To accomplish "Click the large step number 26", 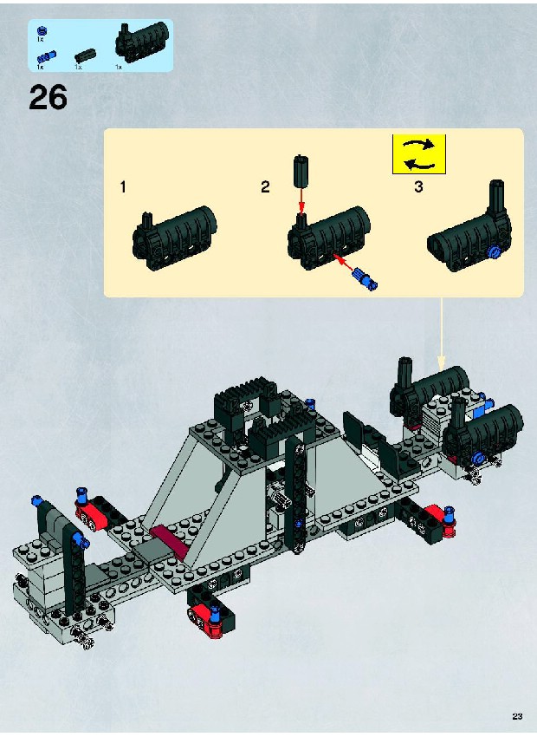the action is coord(48,98).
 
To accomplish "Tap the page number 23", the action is coord(517,716).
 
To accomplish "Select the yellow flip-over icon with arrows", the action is coord(419,154).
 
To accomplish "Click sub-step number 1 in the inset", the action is coord(123,187).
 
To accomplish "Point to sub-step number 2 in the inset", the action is coord(265,187).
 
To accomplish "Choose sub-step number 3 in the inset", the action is coord(418,187).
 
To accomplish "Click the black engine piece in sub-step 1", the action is coord(174,238).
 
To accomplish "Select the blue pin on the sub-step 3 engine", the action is coord(493,251).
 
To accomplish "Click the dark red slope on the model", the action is coord(169,538).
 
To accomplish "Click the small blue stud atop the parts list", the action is coord(42,31).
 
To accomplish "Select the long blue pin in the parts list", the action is coord(47,57).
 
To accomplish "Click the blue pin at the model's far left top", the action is coord(36,500).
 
